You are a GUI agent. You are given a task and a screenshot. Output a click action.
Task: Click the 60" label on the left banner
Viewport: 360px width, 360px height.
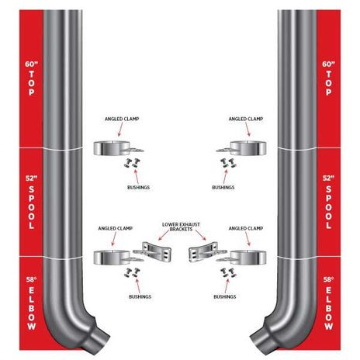point(32,64)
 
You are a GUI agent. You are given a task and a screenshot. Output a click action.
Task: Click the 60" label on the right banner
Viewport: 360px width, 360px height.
point(328,64)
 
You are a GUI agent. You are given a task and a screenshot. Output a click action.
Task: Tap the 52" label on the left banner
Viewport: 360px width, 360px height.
point(32,178)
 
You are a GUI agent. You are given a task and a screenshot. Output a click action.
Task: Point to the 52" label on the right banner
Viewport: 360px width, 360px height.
point(328,178)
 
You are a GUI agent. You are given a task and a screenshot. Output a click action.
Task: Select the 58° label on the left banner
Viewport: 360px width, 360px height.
point(32,279)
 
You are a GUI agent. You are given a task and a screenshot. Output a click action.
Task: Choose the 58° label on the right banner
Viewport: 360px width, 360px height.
point(328,279)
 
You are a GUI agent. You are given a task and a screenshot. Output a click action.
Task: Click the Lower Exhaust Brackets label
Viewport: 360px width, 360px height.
point(181,227)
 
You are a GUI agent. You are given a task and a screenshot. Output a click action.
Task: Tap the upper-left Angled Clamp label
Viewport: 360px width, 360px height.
point(122,119)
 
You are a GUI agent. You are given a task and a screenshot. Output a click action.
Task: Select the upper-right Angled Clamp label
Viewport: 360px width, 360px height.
point(246,119)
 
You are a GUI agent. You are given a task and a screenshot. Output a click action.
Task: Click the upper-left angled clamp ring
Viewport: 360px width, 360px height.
point(112,148)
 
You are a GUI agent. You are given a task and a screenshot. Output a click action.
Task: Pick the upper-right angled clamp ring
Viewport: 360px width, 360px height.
point(248,148)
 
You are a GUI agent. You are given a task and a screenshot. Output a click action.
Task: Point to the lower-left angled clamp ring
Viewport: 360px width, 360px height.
point(112,258)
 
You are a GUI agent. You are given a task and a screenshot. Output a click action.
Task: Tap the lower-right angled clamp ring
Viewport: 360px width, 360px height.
point(248,258)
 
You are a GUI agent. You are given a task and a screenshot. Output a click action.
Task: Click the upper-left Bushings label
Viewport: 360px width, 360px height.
point(138,187)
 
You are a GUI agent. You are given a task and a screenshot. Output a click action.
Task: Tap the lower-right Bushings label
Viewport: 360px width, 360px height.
point(225,296)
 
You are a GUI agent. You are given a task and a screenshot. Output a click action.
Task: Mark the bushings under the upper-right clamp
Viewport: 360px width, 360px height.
point(229,163)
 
